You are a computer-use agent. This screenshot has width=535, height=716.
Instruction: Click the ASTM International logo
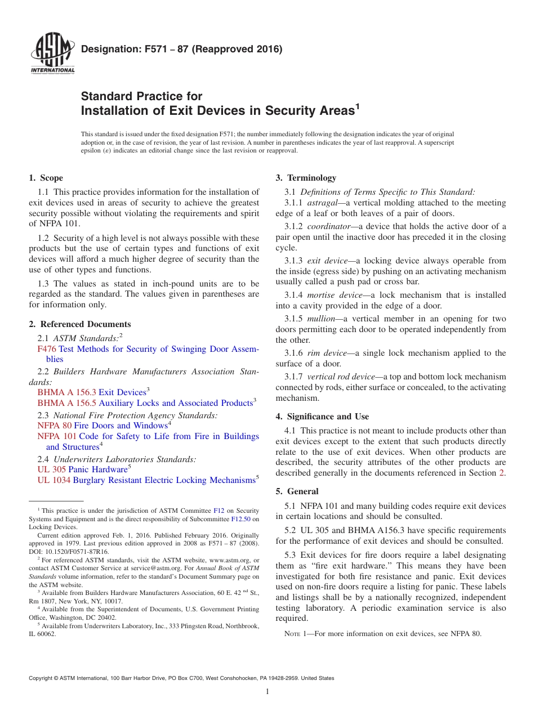point(52,53)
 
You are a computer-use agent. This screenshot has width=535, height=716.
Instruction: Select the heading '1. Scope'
point(46,178)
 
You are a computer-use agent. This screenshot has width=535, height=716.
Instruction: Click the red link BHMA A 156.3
point(66,392)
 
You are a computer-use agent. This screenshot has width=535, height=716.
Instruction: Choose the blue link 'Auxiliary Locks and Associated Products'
point(175,403)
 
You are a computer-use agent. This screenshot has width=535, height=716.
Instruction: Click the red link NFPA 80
point(54,426)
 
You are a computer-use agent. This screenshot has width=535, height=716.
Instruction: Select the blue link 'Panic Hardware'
point(97,469)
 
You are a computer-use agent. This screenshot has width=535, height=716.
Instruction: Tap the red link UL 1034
point(53,480)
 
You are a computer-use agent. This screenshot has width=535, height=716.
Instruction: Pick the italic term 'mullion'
point(321,319)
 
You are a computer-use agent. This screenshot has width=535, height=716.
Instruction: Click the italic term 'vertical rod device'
point(341,377)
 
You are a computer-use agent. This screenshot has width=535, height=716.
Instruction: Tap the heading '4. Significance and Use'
point(322,417)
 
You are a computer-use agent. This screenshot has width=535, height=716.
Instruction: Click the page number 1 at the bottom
point(267,692)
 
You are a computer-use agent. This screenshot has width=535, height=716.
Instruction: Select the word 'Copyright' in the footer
point(41,678)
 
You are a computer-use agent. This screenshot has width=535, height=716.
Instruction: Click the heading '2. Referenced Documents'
point(80,324)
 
